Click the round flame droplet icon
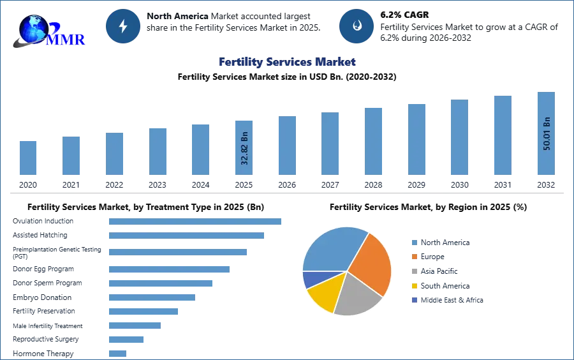[x=357, y=26]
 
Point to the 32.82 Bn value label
[x=244, y=147]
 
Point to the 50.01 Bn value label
[x=547, y=133]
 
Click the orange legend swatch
[x=414, y=257]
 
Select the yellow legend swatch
[x=414, y=286]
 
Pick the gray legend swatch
[x=414, y=271]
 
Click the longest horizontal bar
[x=196, y=220]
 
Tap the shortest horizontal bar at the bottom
[x=117, y=353]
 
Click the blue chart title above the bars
[x=286, y=62]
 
